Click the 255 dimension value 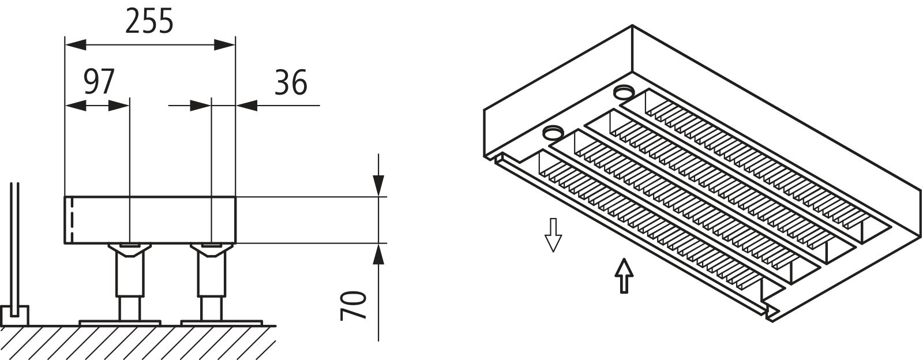(x=149, y=22)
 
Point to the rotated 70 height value (x=354, y=305)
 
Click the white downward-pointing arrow (x=553, y=234)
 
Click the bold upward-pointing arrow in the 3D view (x=624, y=276)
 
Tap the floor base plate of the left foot (x=119, y=322)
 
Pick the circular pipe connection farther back (x=623, y=91)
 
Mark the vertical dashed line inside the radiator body (x=72, y=220)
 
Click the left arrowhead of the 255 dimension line (x=75, y=45)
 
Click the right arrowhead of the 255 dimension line (x=225, y=45)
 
